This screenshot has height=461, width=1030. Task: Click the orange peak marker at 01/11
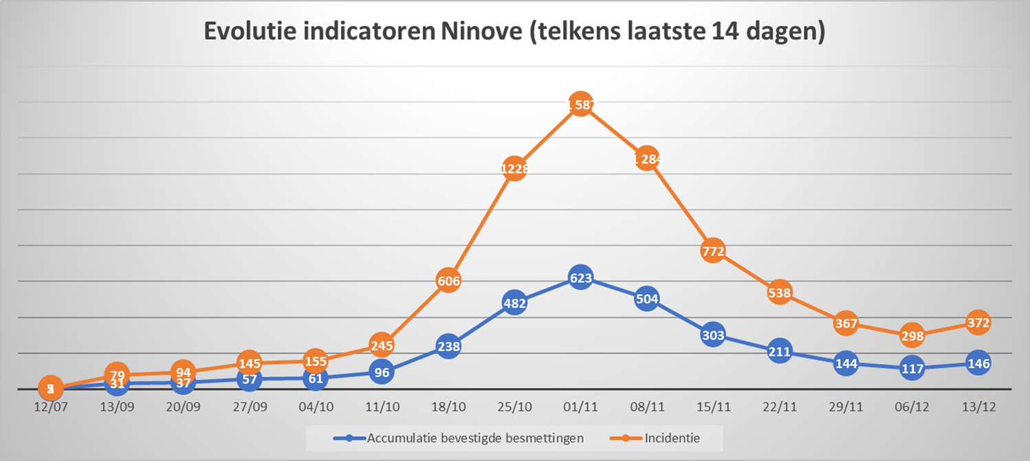coord(580,105)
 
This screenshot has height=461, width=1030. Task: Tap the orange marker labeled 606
coord(448,281)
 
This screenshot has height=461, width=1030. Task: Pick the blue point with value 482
coord(514,303)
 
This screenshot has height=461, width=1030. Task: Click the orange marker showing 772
coord(713,251)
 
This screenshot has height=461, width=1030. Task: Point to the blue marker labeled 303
coord(713,335)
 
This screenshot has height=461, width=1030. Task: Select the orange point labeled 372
coord(978,323)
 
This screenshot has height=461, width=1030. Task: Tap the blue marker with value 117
coord(912,368)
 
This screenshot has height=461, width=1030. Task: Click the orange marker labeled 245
coord(382,345)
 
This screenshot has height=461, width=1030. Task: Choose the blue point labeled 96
coord(382,372)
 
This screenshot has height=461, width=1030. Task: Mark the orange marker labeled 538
coord(779,293)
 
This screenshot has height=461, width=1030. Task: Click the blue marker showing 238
coord(448,347)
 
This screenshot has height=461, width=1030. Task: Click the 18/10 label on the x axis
coord(448,407)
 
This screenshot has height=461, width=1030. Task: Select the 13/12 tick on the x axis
coord(978,407)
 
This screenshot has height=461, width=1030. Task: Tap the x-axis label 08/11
coord(646,407)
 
